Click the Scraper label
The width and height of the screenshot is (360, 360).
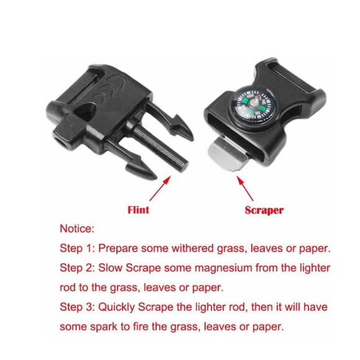click(264, 210)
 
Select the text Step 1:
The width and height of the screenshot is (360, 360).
click(79, 248)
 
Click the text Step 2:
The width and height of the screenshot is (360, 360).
click(79, 268)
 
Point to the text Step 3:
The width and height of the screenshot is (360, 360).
click(79, 307)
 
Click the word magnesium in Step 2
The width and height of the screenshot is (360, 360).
click(222, 268)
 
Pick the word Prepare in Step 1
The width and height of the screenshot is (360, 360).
click(122, 248)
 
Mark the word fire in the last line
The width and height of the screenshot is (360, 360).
click(140, 326)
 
